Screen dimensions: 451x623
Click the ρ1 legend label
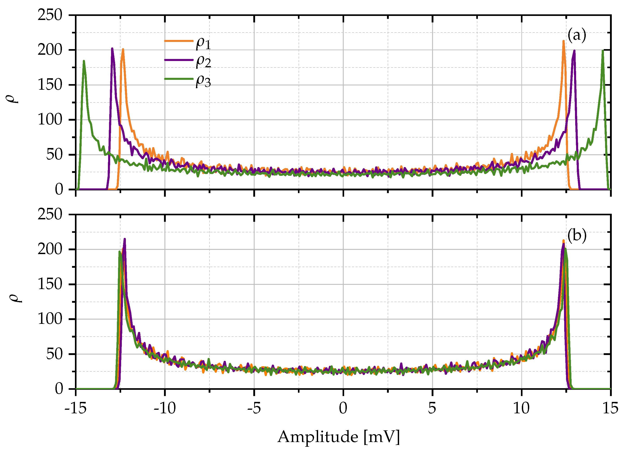203,44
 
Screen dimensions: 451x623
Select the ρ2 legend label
203,62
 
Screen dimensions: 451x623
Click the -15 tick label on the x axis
76,408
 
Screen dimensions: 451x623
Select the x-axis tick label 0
343,408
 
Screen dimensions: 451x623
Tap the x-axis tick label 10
521,408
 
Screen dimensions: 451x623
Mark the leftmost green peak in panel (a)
84,61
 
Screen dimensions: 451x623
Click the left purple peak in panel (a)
112,49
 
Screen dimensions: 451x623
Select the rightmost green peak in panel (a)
603,50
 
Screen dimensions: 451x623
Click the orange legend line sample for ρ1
179,41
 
